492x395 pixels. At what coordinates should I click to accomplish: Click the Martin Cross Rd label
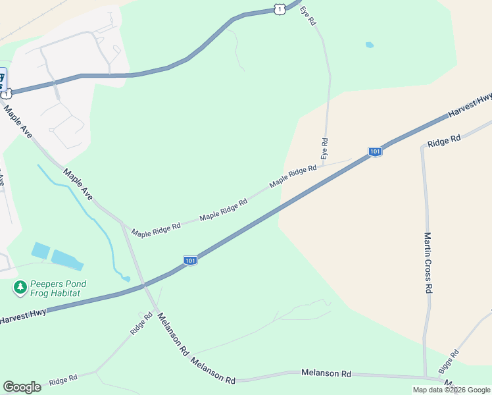click(428, 263)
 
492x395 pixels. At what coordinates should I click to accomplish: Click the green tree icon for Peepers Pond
click(20, 288)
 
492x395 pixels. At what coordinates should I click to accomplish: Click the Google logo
click(22, 387)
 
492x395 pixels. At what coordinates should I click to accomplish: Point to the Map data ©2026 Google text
click(451, 390)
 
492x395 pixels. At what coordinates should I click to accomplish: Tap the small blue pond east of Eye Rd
click(369, 45)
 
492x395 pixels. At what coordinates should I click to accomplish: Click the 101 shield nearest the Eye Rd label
click(374, 152)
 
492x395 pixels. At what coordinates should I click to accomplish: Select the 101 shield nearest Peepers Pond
click(189, 261)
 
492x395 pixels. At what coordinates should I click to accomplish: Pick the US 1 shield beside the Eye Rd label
click(280, 9)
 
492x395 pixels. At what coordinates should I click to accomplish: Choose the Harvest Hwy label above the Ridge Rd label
click(470, 105)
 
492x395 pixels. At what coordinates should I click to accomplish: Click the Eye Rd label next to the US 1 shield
click(308, 16)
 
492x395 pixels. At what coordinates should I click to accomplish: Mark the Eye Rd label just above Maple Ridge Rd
click(324, 148)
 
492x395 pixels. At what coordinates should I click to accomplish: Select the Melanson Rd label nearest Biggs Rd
click(326, 373)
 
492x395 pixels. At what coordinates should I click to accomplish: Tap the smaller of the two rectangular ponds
click(40, 250)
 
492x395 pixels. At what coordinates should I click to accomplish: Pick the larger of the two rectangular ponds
click(67, 260)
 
